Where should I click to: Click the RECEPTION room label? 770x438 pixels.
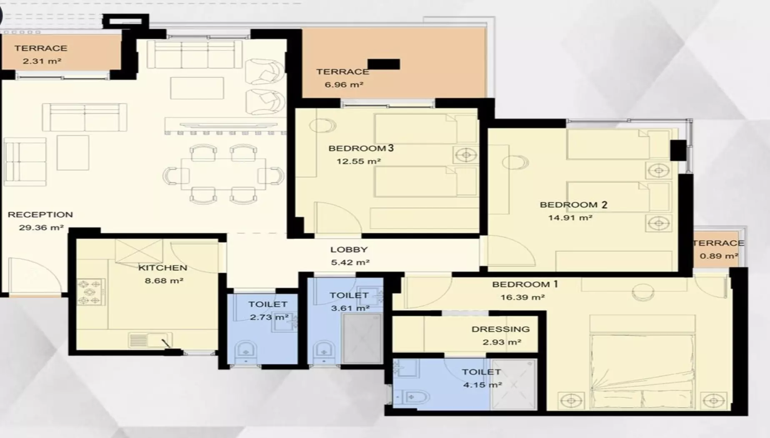(x=40, y=214)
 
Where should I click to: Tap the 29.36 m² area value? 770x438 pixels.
(x=41, y=227)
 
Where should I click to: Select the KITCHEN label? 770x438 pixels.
(x=162, y=267)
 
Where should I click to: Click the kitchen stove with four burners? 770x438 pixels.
(x=90, y=292)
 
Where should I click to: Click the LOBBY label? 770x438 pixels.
(x=349, y=249)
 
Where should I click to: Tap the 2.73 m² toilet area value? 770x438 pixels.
(x=269, y=317)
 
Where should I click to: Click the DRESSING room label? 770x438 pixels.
(x=501, y=329)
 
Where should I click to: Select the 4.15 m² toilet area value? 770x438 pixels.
(x=482, y=385)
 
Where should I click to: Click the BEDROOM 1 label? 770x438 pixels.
(x=525, y=284)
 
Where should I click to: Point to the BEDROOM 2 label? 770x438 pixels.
(x=573, y=204)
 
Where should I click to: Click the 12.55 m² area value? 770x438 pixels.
(x=359, y=161)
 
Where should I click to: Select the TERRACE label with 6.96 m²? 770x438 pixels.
(x=342, y=72)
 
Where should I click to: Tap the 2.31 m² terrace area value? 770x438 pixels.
(x=42, y=61)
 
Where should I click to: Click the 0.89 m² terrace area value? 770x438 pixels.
(x=719, y=256)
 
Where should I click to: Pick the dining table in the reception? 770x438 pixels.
(x=223, y=174)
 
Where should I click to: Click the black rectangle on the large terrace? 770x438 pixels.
(x=384, y=64)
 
